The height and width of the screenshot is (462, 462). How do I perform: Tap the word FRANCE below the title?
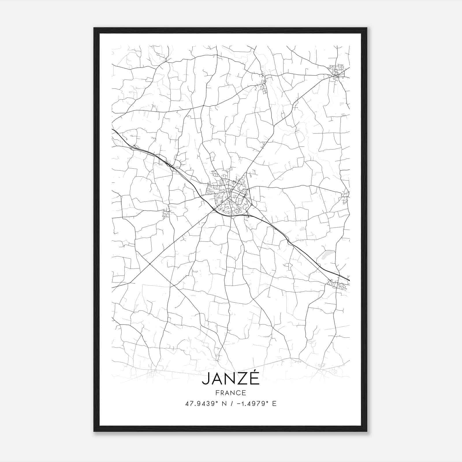[x=230, y=393]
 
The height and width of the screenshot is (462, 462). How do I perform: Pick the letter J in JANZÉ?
[x=205, y=379]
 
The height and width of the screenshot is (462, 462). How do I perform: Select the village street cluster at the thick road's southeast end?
[x=336, y=284]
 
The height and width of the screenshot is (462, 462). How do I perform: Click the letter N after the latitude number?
[x=222, y=404]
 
